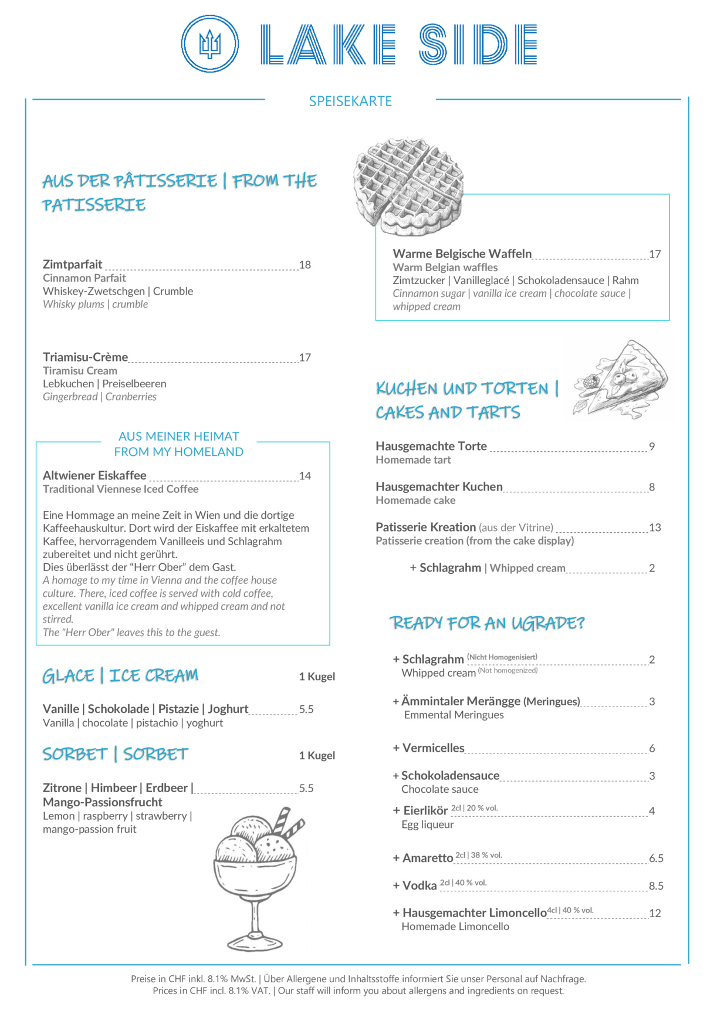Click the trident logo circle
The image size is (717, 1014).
coord(209,44)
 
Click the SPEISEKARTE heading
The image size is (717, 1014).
coord(350,101)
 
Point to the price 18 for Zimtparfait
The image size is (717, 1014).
coord(305,265)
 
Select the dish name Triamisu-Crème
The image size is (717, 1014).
coord(85,357)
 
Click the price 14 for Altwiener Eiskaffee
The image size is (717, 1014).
coord(305,476)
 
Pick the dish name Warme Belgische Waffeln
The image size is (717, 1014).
coord(462,253)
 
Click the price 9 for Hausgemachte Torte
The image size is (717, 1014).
coord(652,447)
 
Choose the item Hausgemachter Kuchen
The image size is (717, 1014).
coord(439,486)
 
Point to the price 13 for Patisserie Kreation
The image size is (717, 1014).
coord(655,528)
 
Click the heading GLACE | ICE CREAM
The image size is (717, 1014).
coord(120,676)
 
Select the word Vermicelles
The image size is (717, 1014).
coord(433,748)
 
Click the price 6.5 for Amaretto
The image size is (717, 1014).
coord(656,858)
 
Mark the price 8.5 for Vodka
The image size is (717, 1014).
coord(656,886)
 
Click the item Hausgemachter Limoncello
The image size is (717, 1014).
coord(474,913)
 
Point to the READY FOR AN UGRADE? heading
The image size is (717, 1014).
coord(488,623)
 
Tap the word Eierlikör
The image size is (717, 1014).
coord(425,811)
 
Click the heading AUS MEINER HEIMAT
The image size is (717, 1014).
coord(179,437)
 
